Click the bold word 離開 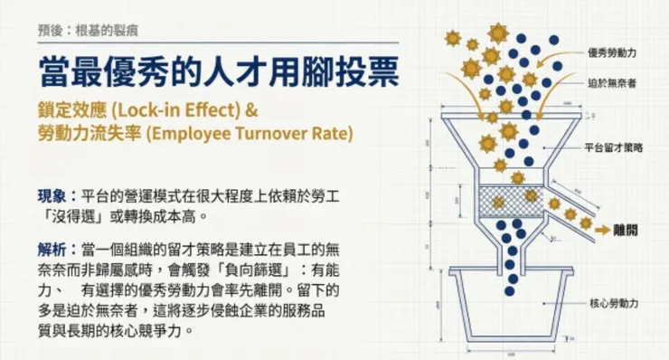click(x=627, y=231)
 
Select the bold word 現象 click(x=51, y=194)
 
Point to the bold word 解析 click(x=51, y=247)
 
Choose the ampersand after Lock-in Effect click(x=252, y=114)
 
